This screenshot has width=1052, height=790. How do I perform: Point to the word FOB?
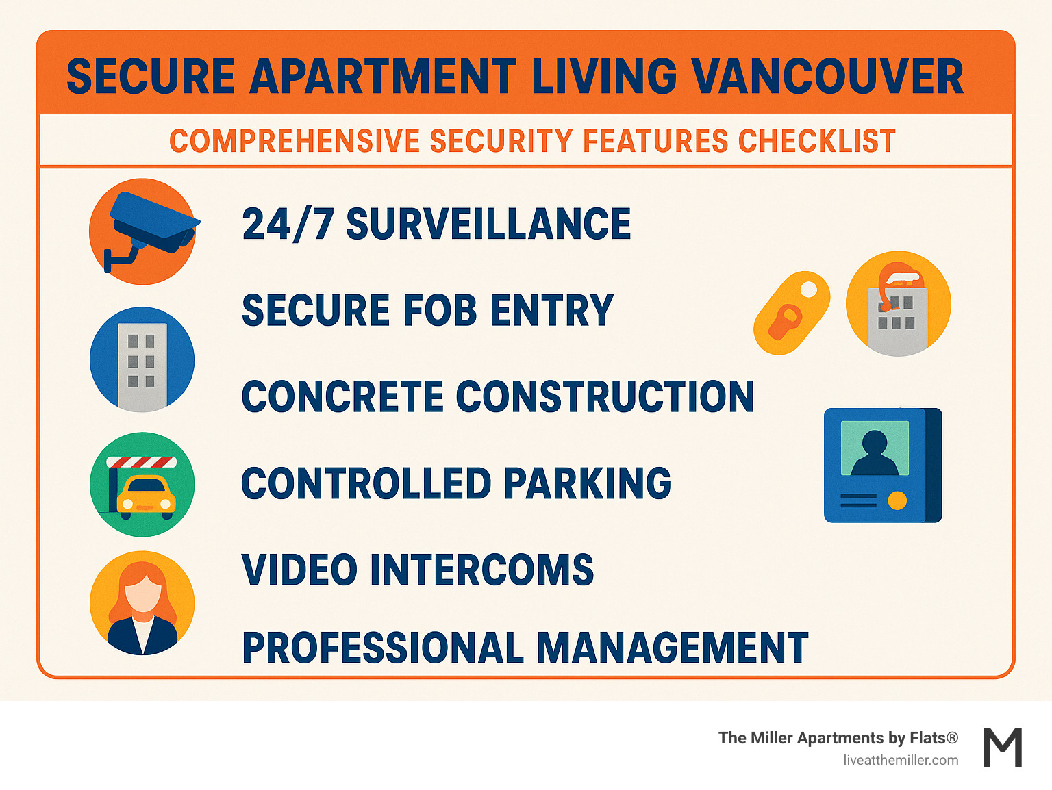point(440,310)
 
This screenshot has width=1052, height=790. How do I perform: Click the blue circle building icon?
point(142,360)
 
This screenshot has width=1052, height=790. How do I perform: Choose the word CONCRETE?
point(342,396)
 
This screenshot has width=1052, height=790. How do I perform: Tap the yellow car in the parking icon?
point(146,496)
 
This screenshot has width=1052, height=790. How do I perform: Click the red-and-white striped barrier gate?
point(142,462)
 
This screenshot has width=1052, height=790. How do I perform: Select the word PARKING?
point(587,483)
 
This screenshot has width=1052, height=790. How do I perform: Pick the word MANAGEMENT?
point(672,648)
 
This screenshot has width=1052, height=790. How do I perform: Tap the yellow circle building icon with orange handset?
point(898,303)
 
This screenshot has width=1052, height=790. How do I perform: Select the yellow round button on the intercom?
point(897,501)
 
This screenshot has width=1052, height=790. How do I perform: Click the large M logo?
point(1003,748)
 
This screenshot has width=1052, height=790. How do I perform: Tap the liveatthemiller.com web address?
point(901,760)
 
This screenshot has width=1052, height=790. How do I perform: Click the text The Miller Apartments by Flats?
point(838,737)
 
